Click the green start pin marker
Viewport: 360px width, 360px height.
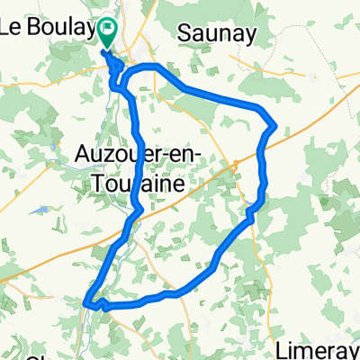point(107,34)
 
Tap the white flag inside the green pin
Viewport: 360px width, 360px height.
point(107,31)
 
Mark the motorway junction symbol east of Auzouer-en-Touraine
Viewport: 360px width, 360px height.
point(233,164)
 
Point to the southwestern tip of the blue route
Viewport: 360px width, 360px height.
point(85,304)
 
